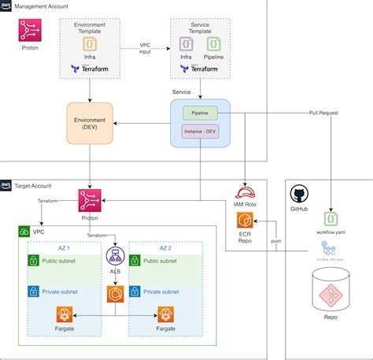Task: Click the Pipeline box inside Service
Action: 199,113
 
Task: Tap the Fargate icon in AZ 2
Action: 165,316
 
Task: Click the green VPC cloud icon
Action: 26,232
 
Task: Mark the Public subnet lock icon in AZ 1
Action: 35,260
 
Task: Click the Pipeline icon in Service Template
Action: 213,43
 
